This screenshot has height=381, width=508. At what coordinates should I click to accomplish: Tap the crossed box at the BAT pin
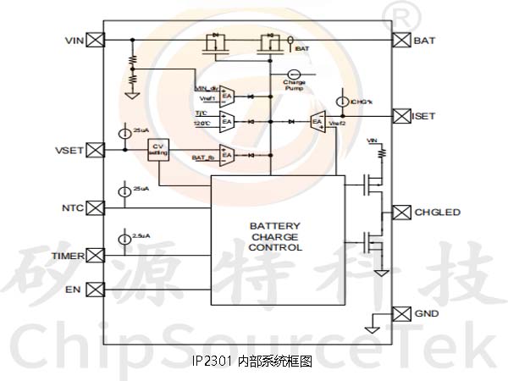pyautogui.click(x=401, y=40)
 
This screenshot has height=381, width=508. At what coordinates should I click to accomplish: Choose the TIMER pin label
pyautogui.click(x=68, y=255)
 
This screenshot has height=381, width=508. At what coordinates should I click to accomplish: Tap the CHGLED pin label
pyautogui.click(x=437, y=211)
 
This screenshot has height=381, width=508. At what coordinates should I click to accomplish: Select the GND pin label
pyautogui.click(x=426, y=313)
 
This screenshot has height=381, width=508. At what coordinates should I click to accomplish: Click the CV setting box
pyautogui.click(x=157, y=149)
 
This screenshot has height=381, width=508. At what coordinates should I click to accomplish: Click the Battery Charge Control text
pyautogui.click(x=276, y=236)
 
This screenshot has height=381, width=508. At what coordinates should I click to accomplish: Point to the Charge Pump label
pyautogui.click(x=295, y=85)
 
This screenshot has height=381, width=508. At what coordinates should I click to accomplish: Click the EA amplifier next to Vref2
pyautogui.click(x=317, y=122)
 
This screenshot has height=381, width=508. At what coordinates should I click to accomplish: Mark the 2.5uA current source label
pyautogui.click(x=141, y=235)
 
